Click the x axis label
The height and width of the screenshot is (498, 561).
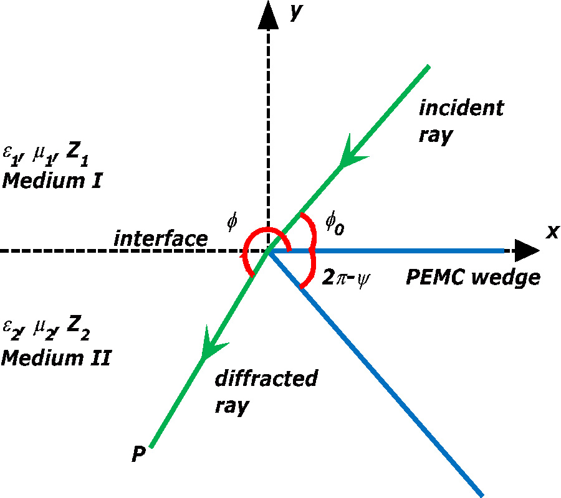click(x=552, y=232)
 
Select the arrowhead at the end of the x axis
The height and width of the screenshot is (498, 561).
click(x=527, y=251)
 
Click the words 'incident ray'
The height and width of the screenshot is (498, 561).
click(x=461, y=121)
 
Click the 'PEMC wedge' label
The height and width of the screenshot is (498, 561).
click(x=472, y=277)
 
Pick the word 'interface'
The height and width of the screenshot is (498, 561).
click(x=160, y=238)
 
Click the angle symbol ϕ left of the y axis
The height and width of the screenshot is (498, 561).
click(x=232, y=222)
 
